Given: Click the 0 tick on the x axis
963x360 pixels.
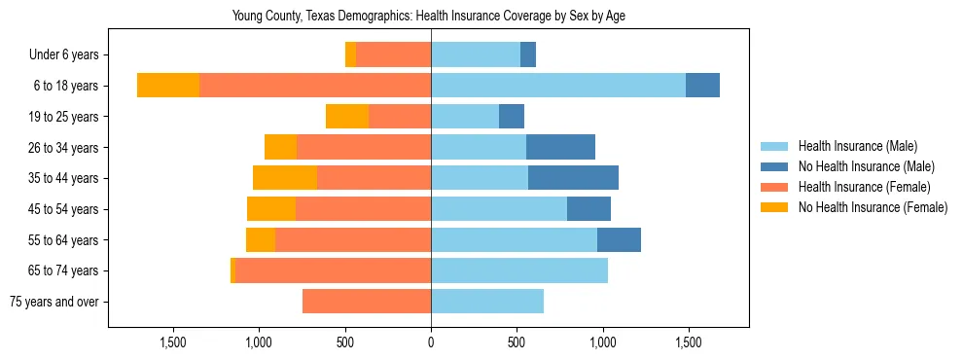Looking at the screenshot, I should pos(431,342).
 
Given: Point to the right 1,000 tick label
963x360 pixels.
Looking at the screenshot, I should pos(602,342).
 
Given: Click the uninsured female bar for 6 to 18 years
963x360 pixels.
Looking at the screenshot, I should pos(168,86).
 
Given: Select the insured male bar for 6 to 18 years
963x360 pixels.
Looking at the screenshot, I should pos(558,86).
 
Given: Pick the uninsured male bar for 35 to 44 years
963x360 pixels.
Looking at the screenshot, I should pos(573,178).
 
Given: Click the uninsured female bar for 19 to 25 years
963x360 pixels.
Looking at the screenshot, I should pos(347,117).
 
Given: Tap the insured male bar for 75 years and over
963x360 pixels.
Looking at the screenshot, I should pos(487,302).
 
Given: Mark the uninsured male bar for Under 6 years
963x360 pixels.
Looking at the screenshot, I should pos(528,55).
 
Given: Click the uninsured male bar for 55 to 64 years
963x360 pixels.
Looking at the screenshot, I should pos(619,240).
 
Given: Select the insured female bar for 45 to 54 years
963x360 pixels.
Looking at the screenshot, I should pos(363,209).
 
